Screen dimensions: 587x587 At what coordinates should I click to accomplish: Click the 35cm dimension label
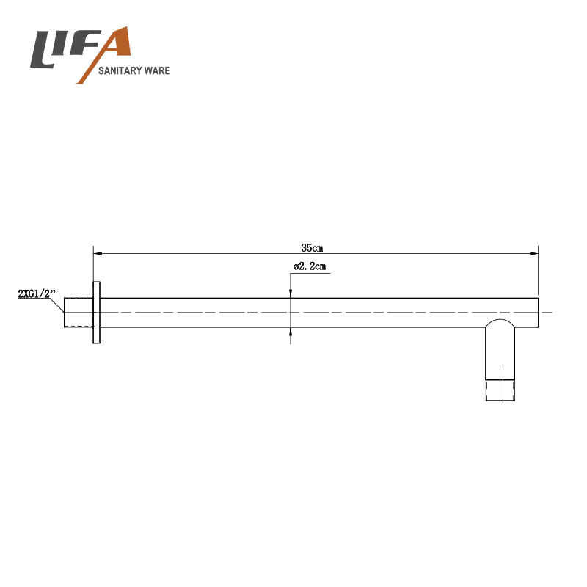(x=312, y=248)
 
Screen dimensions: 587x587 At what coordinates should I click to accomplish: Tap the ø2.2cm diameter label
(x=310, y=266)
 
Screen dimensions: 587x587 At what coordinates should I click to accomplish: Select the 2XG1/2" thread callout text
(x=37, y=293)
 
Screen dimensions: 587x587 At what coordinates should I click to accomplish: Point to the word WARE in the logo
(x=158, y=70)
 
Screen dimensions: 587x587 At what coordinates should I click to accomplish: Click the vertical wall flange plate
(x=96, y=313)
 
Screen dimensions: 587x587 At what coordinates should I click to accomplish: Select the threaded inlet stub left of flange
(x=79, y=313)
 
